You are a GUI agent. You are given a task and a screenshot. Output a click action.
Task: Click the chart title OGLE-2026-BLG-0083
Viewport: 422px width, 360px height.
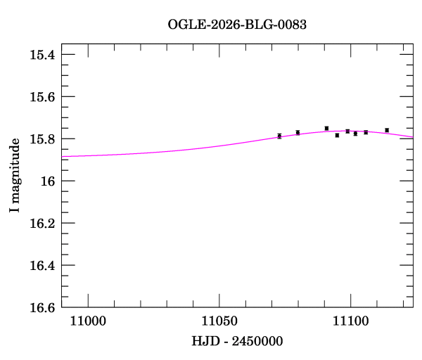(237, 25)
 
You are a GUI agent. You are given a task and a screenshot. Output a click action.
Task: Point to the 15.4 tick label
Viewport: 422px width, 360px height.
(42, 55)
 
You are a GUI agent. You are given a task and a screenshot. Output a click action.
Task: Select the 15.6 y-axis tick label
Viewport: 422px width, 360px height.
(42, 97)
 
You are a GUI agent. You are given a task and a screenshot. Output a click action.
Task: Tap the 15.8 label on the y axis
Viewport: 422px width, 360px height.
(42, 139)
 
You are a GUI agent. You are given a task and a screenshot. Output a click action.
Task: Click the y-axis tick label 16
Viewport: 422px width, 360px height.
(48, 181)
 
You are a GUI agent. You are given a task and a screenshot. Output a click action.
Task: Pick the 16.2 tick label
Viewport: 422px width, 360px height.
(42, 224)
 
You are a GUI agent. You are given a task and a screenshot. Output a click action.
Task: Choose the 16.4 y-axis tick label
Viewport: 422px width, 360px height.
(42, 266)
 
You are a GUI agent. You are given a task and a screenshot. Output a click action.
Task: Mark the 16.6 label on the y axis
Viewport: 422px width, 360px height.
(42, 308)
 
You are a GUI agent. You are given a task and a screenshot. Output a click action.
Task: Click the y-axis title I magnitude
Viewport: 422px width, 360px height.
(15, 176)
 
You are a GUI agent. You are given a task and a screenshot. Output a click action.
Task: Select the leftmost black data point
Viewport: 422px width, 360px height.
(279, 136)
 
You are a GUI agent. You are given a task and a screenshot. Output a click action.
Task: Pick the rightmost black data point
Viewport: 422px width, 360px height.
(387, 130)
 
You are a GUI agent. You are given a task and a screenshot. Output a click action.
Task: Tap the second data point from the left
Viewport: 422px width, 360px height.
(298, 132)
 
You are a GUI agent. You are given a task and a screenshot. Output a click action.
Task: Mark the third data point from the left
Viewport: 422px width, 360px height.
(326, 128)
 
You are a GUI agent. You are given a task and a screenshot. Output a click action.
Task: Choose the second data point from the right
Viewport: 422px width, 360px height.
(366, 132)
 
